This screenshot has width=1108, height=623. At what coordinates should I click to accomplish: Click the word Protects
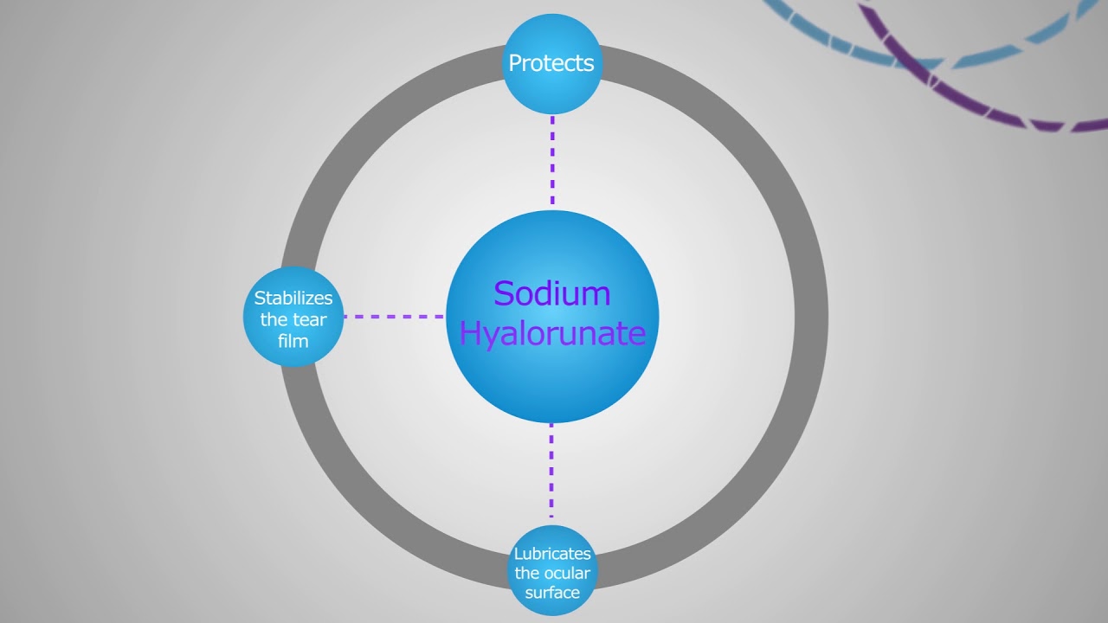(x=551, y=63)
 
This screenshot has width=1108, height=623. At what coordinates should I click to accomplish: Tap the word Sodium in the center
(x=552, y=294)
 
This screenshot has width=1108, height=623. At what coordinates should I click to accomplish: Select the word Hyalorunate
(x=552, y=333)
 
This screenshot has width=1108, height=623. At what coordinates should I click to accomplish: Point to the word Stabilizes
(x=293, y=299)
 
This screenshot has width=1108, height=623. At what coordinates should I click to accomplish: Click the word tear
(x=310, y=320)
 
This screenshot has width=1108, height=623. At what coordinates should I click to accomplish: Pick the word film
(x=293, y=341)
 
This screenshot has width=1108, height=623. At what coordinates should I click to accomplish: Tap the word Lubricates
(x=552, y=554)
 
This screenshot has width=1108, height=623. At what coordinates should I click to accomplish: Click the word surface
(x=552, y=593)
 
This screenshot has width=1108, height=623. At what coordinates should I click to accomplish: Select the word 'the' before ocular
(x=526, y=573)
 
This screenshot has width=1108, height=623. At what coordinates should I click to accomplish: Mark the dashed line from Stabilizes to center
(x=394, y=317)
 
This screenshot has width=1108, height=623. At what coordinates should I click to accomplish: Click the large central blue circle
(x=552, y=381)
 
